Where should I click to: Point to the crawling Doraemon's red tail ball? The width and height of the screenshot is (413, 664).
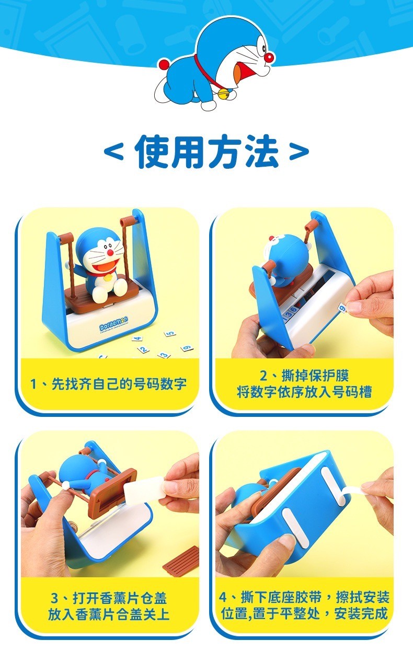[x=164, y=65]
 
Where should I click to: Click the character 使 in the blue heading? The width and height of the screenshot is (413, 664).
[x=152, y=151]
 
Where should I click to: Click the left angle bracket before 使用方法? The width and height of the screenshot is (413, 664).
[x=113, y=152]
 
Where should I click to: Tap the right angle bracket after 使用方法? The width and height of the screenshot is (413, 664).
[x=299, y=152]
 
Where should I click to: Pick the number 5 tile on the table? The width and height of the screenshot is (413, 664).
[x=169, y=333]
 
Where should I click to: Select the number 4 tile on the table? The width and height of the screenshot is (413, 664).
[x=137, y=338]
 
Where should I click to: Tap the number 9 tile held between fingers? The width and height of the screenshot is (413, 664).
[x=342, y=310]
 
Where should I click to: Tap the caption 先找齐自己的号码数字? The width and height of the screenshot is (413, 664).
[x=108, y=385]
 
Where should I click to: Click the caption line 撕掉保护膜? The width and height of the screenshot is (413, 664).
[x=304, y=376]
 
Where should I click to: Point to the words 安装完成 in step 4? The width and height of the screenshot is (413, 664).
[x=365, y=613]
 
